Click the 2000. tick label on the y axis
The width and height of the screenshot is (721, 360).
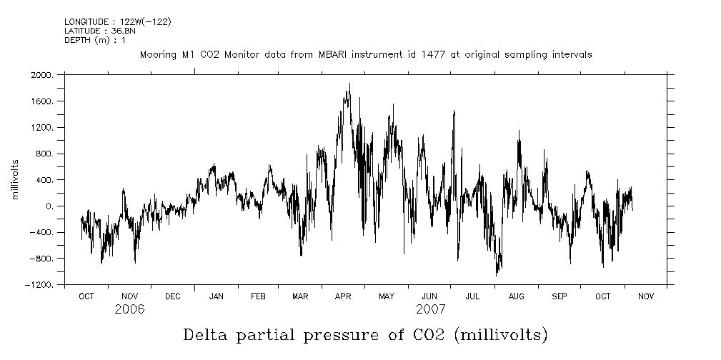pyautogui.click(x=42, y=75)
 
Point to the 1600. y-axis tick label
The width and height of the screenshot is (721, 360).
pyautogui.click(x=42, y=101)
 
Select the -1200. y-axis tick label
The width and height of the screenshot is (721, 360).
pyautogui.click(x=39, y=285)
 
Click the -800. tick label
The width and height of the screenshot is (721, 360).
pyautogui.click(x=41, y=259)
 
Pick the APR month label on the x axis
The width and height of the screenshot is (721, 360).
pyautogui.click(x=343, y=296)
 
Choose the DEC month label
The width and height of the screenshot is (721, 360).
pyautogui.click(x=172, y=296)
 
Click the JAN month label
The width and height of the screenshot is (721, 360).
pyautogui.click(x=216, y=296)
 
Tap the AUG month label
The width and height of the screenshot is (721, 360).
pyautogui.click(x=516, y=296)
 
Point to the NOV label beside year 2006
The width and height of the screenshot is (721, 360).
pyautogui.click(x=129, y=296)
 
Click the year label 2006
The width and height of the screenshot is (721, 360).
pyautogui.click(x=129, y=310)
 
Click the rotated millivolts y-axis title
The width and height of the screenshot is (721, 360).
pyautogui.click(x=16, y=180)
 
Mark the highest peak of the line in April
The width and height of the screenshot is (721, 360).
pyautogui.click(x=349, y=84)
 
